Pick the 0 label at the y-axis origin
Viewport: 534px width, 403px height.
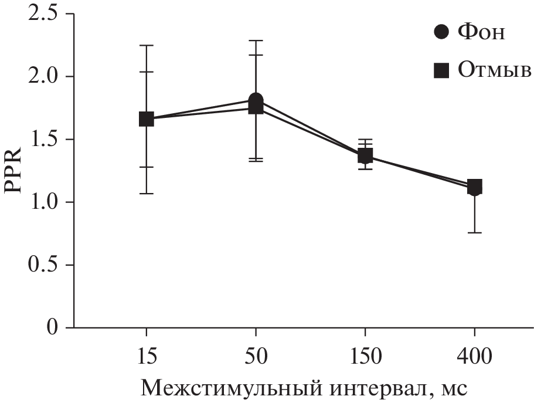(x=55, y=327)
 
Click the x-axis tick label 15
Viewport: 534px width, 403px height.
(x=146, y=356)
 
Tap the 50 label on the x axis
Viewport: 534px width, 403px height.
(x=256, y=356)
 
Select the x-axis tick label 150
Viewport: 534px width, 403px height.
(x=365, y=356)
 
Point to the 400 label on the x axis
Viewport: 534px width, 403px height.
(x=474, y=356)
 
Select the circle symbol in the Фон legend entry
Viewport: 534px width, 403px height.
(x=442, y=32)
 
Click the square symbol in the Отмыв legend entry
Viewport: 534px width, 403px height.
(x=441, y=71)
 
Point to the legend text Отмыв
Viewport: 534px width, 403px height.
(x=494, y=71)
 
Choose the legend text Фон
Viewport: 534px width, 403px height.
(x=481, y=32)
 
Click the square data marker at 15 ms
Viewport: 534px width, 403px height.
(x=146, y=119)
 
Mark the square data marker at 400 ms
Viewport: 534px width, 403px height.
(x=474, y=187)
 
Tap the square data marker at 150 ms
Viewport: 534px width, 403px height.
(x=365, y=156)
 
